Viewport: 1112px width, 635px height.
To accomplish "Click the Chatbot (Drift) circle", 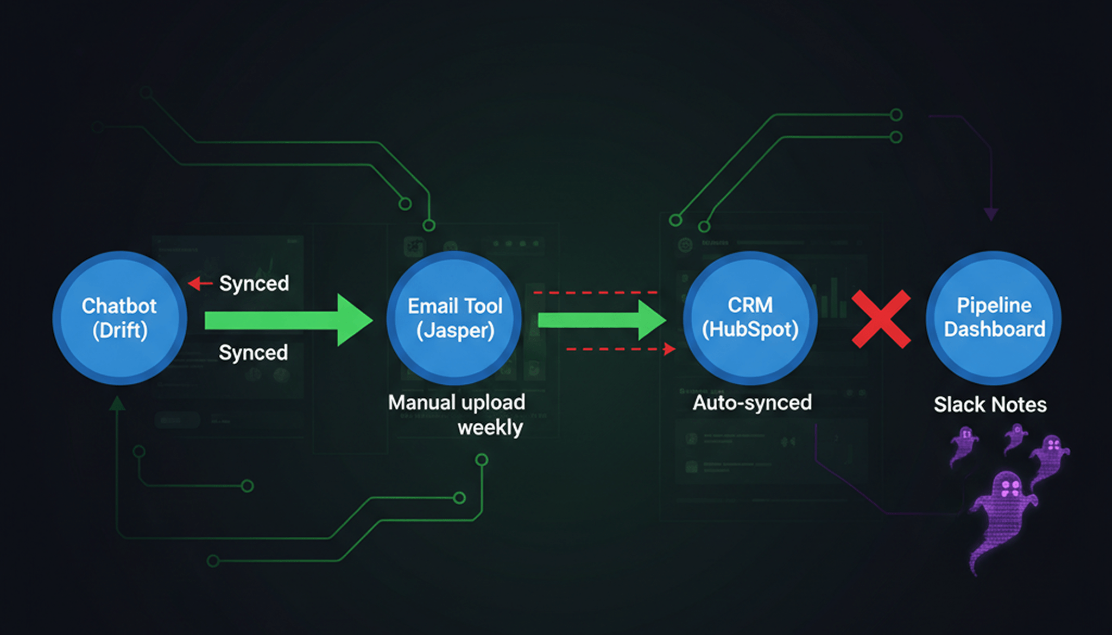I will [119, 318].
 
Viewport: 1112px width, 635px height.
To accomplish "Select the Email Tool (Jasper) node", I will [455, 318].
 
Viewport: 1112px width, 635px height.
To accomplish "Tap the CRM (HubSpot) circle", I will [750, 318].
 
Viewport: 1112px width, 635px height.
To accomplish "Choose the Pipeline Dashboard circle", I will [994, 318].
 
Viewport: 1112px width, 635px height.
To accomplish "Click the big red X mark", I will [881, 319].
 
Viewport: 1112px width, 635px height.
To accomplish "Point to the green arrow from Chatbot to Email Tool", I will [288, 320].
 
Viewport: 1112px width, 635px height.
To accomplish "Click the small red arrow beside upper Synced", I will [200, 283].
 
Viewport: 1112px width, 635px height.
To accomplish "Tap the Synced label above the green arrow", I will [254, 283].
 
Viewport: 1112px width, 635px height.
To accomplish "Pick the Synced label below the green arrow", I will [253, 353].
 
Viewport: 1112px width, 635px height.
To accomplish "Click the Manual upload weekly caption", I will [457, 415].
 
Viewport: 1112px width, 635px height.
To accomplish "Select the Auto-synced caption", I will [752, 403].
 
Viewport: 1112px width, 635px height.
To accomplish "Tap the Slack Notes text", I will [990, 405].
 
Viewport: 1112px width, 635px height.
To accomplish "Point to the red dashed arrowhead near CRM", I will [669, 348].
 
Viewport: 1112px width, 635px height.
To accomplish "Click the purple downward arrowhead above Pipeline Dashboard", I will [991, 214].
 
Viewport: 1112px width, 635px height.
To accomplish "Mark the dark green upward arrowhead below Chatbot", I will [117, 404].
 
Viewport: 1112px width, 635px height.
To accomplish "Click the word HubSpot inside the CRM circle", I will [750, 329].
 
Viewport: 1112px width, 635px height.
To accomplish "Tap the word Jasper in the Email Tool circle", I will [455, 331].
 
